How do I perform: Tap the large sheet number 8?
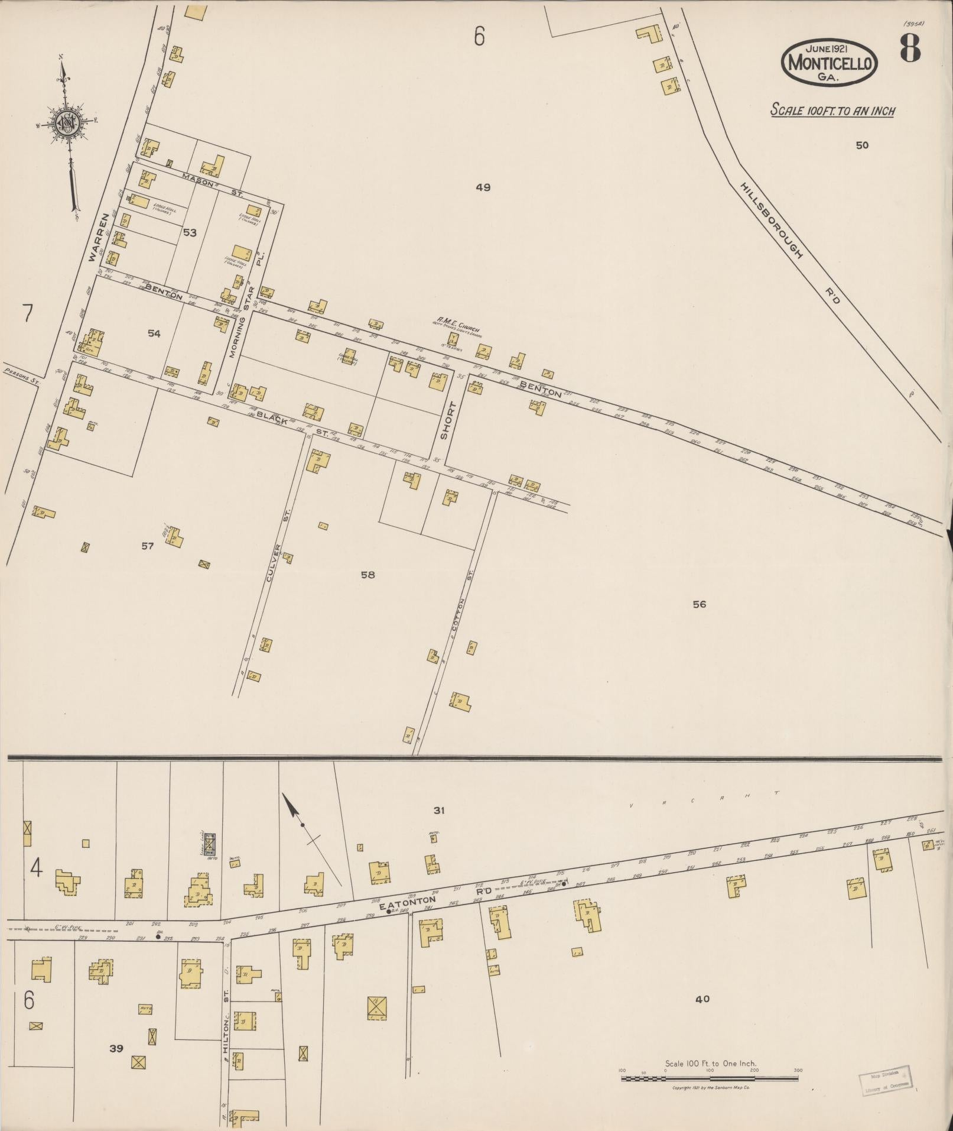click(910, 48)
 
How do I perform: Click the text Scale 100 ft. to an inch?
click(832, 111)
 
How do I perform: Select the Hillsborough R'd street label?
click(789, 243)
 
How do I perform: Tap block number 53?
click(189, 233)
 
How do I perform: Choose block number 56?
click(699, 604)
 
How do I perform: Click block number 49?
click(483, 188)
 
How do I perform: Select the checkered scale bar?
click(709, 1078)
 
